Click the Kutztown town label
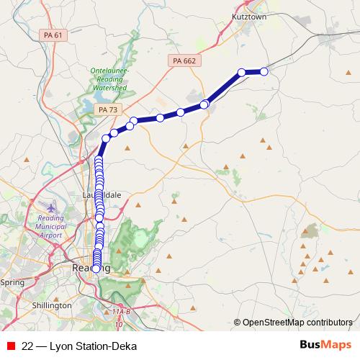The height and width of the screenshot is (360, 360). click(248, 15)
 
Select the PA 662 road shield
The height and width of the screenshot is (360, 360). click(184, 61)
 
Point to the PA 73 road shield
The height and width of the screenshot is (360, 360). click(107, 109)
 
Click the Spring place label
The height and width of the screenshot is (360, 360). click(12, 282)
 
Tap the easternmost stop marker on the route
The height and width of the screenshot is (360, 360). click(264, 71)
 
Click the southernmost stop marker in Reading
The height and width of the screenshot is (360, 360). click(96, 269)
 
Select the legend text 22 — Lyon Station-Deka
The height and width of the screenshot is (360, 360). click(79, 346)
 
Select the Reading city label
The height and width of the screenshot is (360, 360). click(91, 267)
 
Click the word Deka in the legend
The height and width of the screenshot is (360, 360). click(124, 346)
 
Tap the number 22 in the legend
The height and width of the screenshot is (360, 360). click(27, 346)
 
